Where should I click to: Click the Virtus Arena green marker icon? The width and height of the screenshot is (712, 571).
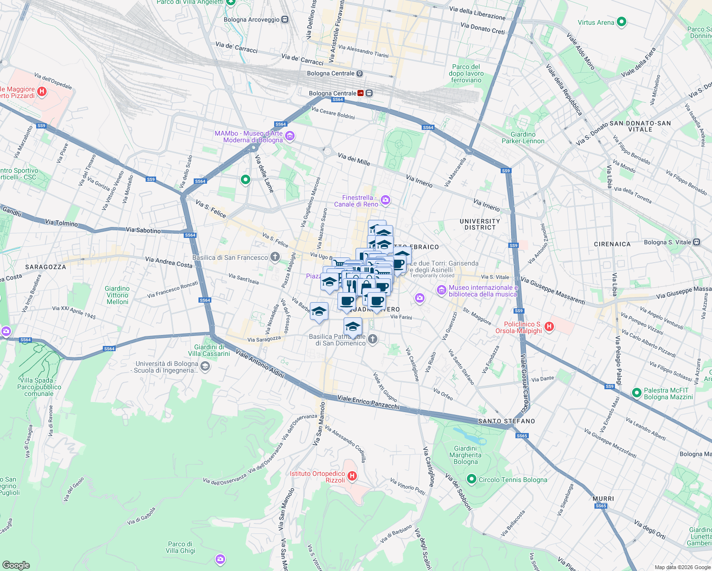pyautogui.click(x=621, y=22)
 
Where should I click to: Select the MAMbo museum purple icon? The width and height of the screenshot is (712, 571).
pyautogui.click(x=290, y=137)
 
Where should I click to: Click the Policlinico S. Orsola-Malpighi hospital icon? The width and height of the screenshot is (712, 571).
pyautogui.click(x=549, y=326)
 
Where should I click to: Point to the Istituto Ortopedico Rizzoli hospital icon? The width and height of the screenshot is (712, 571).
pyautogui.click(x=352, y=476)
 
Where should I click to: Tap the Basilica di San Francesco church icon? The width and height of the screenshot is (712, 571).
pyautogui.click(x=275, y=257)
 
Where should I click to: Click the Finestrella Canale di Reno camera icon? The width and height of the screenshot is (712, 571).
pyautogui.click(x=386, y=200)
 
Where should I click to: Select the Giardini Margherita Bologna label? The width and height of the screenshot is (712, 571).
pyautogui.click(x=465, y=455)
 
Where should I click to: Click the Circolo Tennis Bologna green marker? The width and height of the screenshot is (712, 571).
pyautogui.click(x=471, y=479)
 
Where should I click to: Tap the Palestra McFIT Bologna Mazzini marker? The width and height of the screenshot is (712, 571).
pyautogui.click(x=636, y=393)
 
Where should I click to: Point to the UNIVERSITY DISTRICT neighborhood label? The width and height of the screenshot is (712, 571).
pyautogui.click(x=480, y=224)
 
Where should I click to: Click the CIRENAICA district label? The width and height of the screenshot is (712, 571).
pyautogui.click(x=612, y=244)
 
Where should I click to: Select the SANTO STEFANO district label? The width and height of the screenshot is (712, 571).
pyautogui.click(x=506, y=421)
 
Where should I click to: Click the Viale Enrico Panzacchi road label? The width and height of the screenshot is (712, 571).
pyautogui.click(x=368, y=402)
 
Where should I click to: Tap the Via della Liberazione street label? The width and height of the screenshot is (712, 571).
pyautogui.click(x=477, y=13)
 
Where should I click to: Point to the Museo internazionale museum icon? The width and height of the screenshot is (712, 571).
pyautogui.click(x=441, y=290)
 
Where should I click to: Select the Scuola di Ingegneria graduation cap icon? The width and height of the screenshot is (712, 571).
pyautogui.click(x=205, y=366)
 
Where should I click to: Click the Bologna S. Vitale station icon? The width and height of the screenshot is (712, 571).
pyautogui.click(x=696, y=242)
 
